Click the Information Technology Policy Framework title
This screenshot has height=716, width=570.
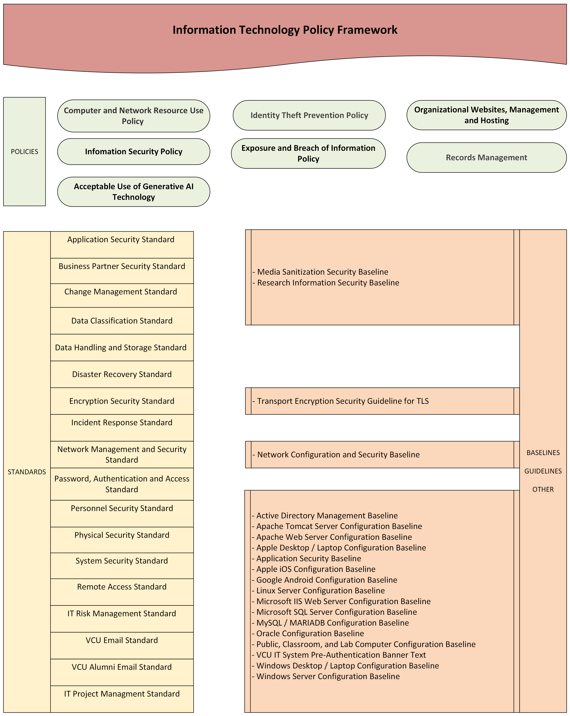coord(285,30)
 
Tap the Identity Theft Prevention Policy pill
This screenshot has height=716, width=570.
coord(309,115)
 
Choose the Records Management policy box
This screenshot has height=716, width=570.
coord(486,157)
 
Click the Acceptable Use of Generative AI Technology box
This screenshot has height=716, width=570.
coord(134,192)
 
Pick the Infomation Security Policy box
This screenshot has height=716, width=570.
coord(134,151)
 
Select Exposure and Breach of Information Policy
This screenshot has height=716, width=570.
coord(308,153)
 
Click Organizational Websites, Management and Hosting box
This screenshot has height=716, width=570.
coord(486,115)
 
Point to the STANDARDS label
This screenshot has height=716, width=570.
coord(27,472)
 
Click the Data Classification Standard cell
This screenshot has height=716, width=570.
coord(122,321)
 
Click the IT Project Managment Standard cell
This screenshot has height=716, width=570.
coord(122,694)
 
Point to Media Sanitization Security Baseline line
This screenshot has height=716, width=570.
coord(322,272)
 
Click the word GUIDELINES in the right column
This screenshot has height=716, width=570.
coord(543,471)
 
